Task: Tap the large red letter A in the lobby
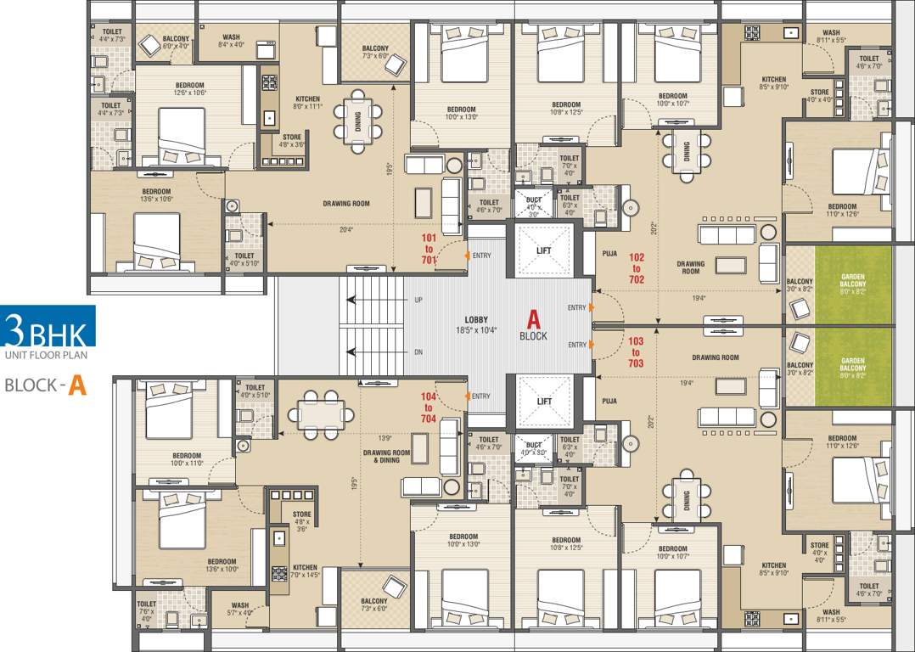point(534,319)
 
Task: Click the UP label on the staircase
point(418,301)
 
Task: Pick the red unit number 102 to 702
point(637,267)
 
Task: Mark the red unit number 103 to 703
point(637,351)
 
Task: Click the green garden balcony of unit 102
point(853,282)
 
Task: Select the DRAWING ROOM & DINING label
point(386,458)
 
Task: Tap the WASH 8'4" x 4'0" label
point(231,42)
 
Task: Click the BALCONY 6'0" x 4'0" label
point(176,42)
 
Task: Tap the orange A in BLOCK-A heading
point(77,385)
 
